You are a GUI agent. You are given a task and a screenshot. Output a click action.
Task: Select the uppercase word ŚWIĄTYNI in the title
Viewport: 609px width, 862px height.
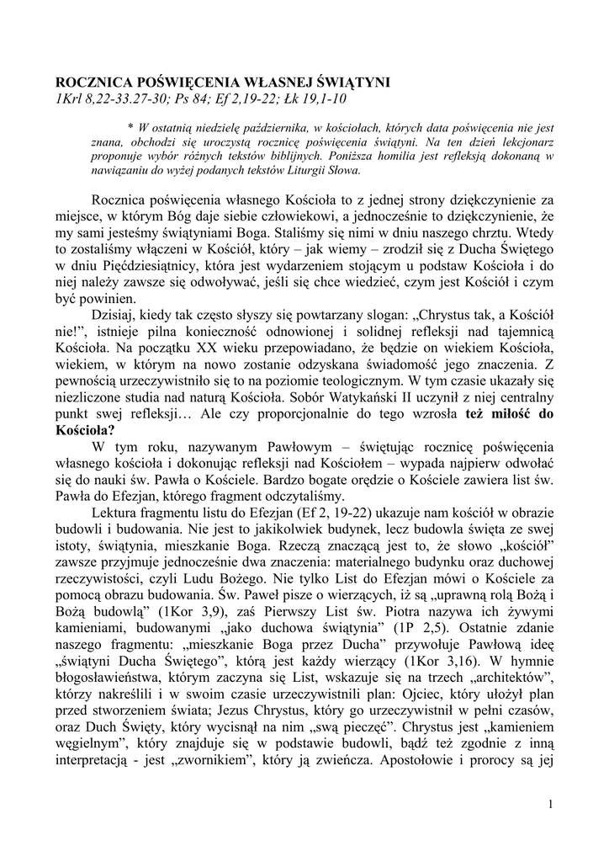(x=352, y=82)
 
